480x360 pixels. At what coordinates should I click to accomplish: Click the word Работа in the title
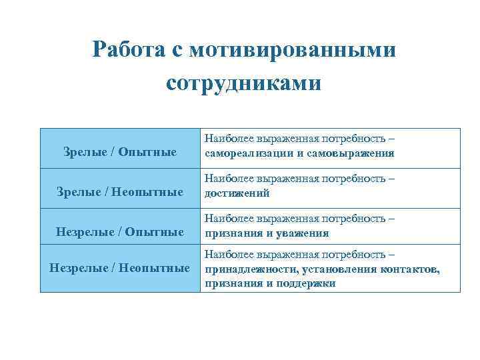132,50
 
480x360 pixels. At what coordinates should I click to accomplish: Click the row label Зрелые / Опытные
120,153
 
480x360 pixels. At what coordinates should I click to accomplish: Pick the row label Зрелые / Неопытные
120,193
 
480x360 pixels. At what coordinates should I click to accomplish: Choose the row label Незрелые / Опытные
120,233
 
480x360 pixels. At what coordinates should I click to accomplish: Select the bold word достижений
237,193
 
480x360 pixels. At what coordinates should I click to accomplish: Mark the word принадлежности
252,269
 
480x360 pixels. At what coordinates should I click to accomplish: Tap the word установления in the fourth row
337,269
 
